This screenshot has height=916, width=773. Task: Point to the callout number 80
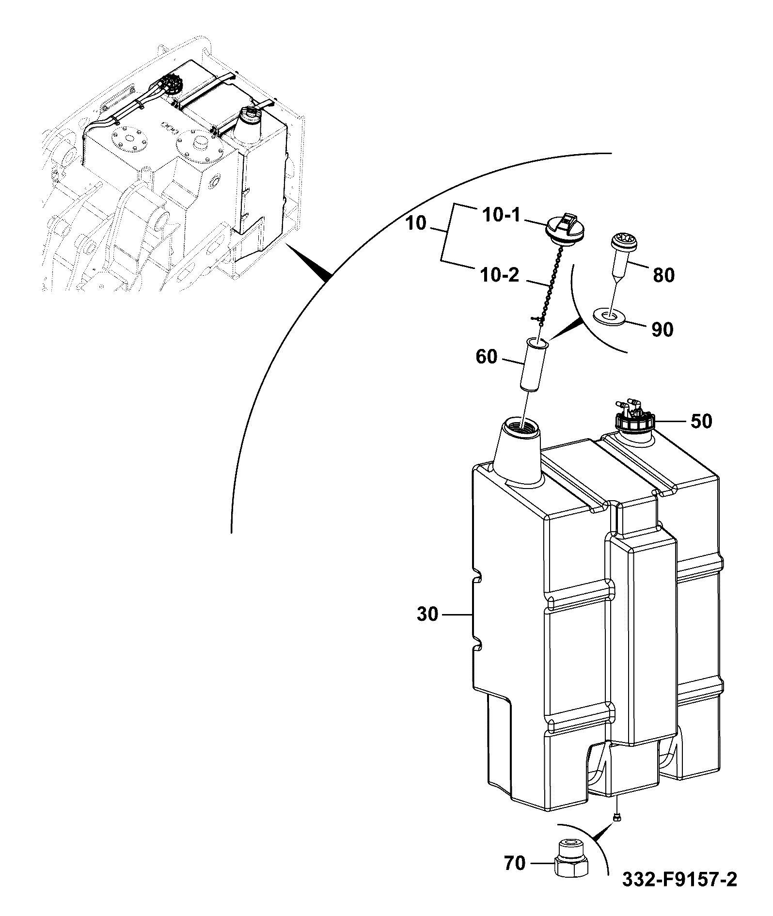(x=663, y=275)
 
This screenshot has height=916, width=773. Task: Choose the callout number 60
(x=486, y=357)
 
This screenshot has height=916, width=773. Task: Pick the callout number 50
(x=701, y=421)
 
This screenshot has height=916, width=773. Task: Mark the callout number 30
(x=427, y=615)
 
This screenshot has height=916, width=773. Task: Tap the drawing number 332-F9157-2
(x=679, y=893)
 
